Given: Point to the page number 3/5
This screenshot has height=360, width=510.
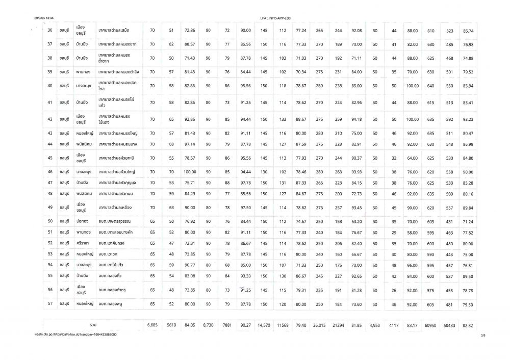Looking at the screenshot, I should [482, 336].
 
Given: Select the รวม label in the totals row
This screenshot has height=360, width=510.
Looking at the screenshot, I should [93, 324].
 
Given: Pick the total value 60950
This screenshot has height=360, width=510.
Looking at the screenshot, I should [430, 324].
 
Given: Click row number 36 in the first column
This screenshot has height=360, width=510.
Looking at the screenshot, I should [50, 31].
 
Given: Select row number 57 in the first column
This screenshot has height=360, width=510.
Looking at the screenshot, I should [50, 304].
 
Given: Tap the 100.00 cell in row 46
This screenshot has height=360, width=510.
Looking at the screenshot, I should [190, 170].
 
